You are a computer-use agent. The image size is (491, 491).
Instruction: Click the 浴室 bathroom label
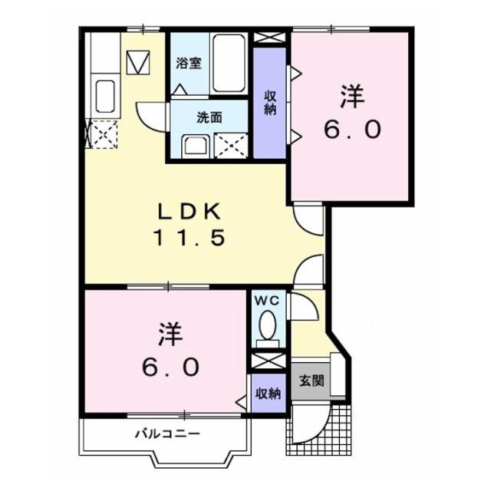tap(189, 64)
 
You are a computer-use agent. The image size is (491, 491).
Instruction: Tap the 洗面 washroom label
tap(209, 117)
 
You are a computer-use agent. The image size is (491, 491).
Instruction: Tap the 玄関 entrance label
tap(311, 380)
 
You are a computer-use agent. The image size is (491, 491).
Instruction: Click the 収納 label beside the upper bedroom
tap(271, 102)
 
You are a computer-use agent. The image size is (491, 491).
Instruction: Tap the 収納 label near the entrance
tap(267, 394)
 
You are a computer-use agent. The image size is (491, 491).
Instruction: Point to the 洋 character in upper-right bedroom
tap(352, 98)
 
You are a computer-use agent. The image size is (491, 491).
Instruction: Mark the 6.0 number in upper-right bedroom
tap(352, 130)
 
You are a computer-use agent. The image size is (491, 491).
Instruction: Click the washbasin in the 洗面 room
tap(195, 144)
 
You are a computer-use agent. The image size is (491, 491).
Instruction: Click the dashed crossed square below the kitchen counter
tap(104, 135)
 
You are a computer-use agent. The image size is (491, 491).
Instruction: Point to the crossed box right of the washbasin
tap(230, 144)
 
